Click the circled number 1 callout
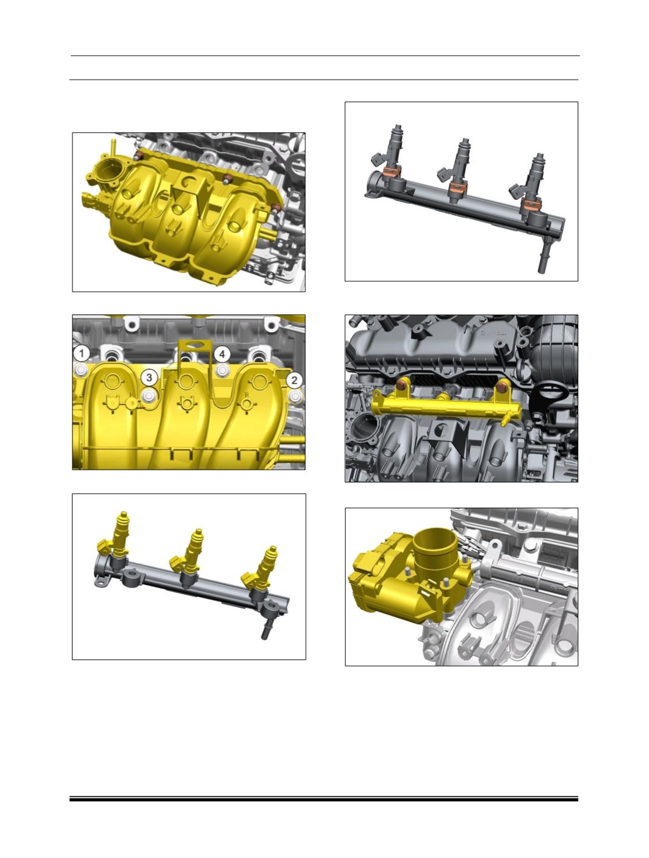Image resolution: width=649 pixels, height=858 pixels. pyautogui.click(x=82, y=354)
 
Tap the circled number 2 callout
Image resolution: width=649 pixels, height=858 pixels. pyautogui.click(x=294, y=380)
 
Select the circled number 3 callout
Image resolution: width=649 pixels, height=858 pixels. pyautogui.click(x=149, y=377)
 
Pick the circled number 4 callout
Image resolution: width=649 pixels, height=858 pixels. pyautogui.click(x=222, y=354)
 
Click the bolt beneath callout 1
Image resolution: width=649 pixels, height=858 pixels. pyautogui.click(x=81, y=370)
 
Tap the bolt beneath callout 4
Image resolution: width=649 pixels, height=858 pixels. pyautogui.click(x=222, y=370)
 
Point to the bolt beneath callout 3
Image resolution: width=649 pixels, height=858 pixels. pyautogui.click(x=149, y=395)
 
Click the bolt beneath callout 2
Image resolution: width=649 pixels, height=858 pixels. pyautogui.click(x=295, y=397)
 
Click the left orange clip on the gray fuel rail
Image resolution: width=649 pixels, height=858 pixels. pyautogui.click(x=392, y=171)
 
